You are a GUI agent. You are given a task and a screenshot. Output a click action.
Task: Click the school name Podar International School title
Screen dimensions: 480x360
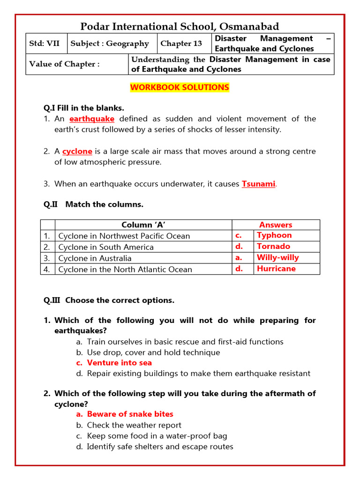point(180,26)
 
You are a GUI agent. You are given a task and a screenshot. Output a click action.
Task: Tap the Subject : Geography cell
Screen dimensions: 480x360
point(110,44)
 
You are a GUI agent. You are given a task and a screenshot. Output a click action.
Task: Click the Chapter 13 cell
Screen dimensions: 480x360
point(181,44)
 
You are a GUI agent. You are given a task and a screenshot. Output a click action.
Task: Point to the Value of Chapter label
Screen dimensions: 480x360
point(64,64)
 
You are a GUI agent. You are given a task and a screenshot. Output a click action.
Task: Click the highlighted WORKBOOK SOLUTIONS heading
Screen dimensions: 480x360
point(180,88)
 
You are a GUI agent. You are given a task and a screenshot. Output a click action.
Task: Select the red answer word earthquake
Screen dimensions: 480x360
point(92,119)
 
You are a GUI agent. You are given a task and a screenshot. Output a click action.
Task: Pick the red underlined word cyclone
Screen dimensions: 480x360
point(77,151)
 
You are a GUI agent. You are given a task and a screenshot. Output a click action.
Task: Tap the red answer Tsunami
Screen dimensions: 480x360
point(258,184)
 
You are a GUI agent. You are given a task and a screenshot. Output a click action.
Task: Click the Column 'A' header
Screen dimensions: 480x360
point(143,225)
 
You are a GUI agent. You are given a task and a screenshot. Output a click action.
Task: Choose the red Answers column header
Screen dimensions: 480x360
point(276,225)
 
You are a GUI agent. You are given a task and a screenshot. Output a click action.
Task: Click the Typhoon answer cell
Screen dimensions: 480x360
point(274,235)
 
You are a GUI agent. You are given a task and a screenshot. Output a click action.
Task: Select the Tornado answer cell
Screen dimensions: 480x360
point(273,247)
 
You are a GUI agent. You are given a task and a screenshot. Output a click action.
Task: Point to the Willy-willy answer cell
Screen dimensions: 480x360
point(277,257)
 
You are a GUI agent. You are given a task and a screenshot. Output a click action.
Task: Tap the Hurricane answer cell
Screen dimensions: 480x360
point(276,269)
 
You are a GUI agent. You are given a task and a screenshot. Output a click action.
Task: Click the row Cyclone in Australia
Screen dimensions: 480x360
point(95,258)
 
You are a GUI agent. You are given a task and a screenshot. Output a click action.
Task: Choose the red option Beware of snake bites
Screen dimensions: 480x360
point(130,414)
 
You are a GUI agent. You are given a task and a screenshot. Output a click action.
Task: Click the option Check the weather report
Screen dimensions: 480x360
point(134,425)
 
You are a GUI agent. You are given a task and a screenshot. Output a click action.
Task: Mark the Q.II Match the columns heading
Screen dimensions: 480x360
point(94,204)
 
